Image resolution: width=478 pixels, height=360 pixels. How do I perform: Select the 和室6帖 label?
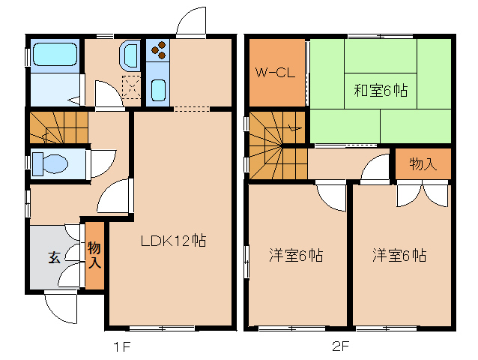380,91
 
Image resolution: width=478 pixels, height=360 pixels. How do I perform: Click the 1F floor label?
122,346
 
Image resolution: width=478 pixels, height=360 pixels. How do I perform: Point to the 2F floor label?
342,346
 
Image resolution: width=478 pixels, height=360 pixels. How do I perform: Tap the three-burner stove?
159,50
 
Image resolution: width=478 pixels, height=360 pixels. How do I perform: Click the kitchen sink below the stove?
159,91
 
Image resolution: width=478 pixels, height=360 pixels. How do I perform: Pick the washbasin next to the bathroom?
129,55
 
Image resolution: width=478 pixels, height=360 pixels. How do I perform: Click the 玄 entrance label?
55,257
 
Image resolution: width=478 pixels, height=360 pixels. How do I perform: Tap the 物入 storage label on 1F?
94,255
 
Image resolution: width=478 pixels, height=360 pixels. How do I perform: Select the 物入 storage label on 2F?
423,164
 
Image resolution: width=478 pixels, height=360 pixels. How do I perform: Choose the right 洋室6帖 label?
399,256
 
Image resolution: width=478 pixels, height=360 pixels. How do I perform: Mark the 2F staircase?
277,147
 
